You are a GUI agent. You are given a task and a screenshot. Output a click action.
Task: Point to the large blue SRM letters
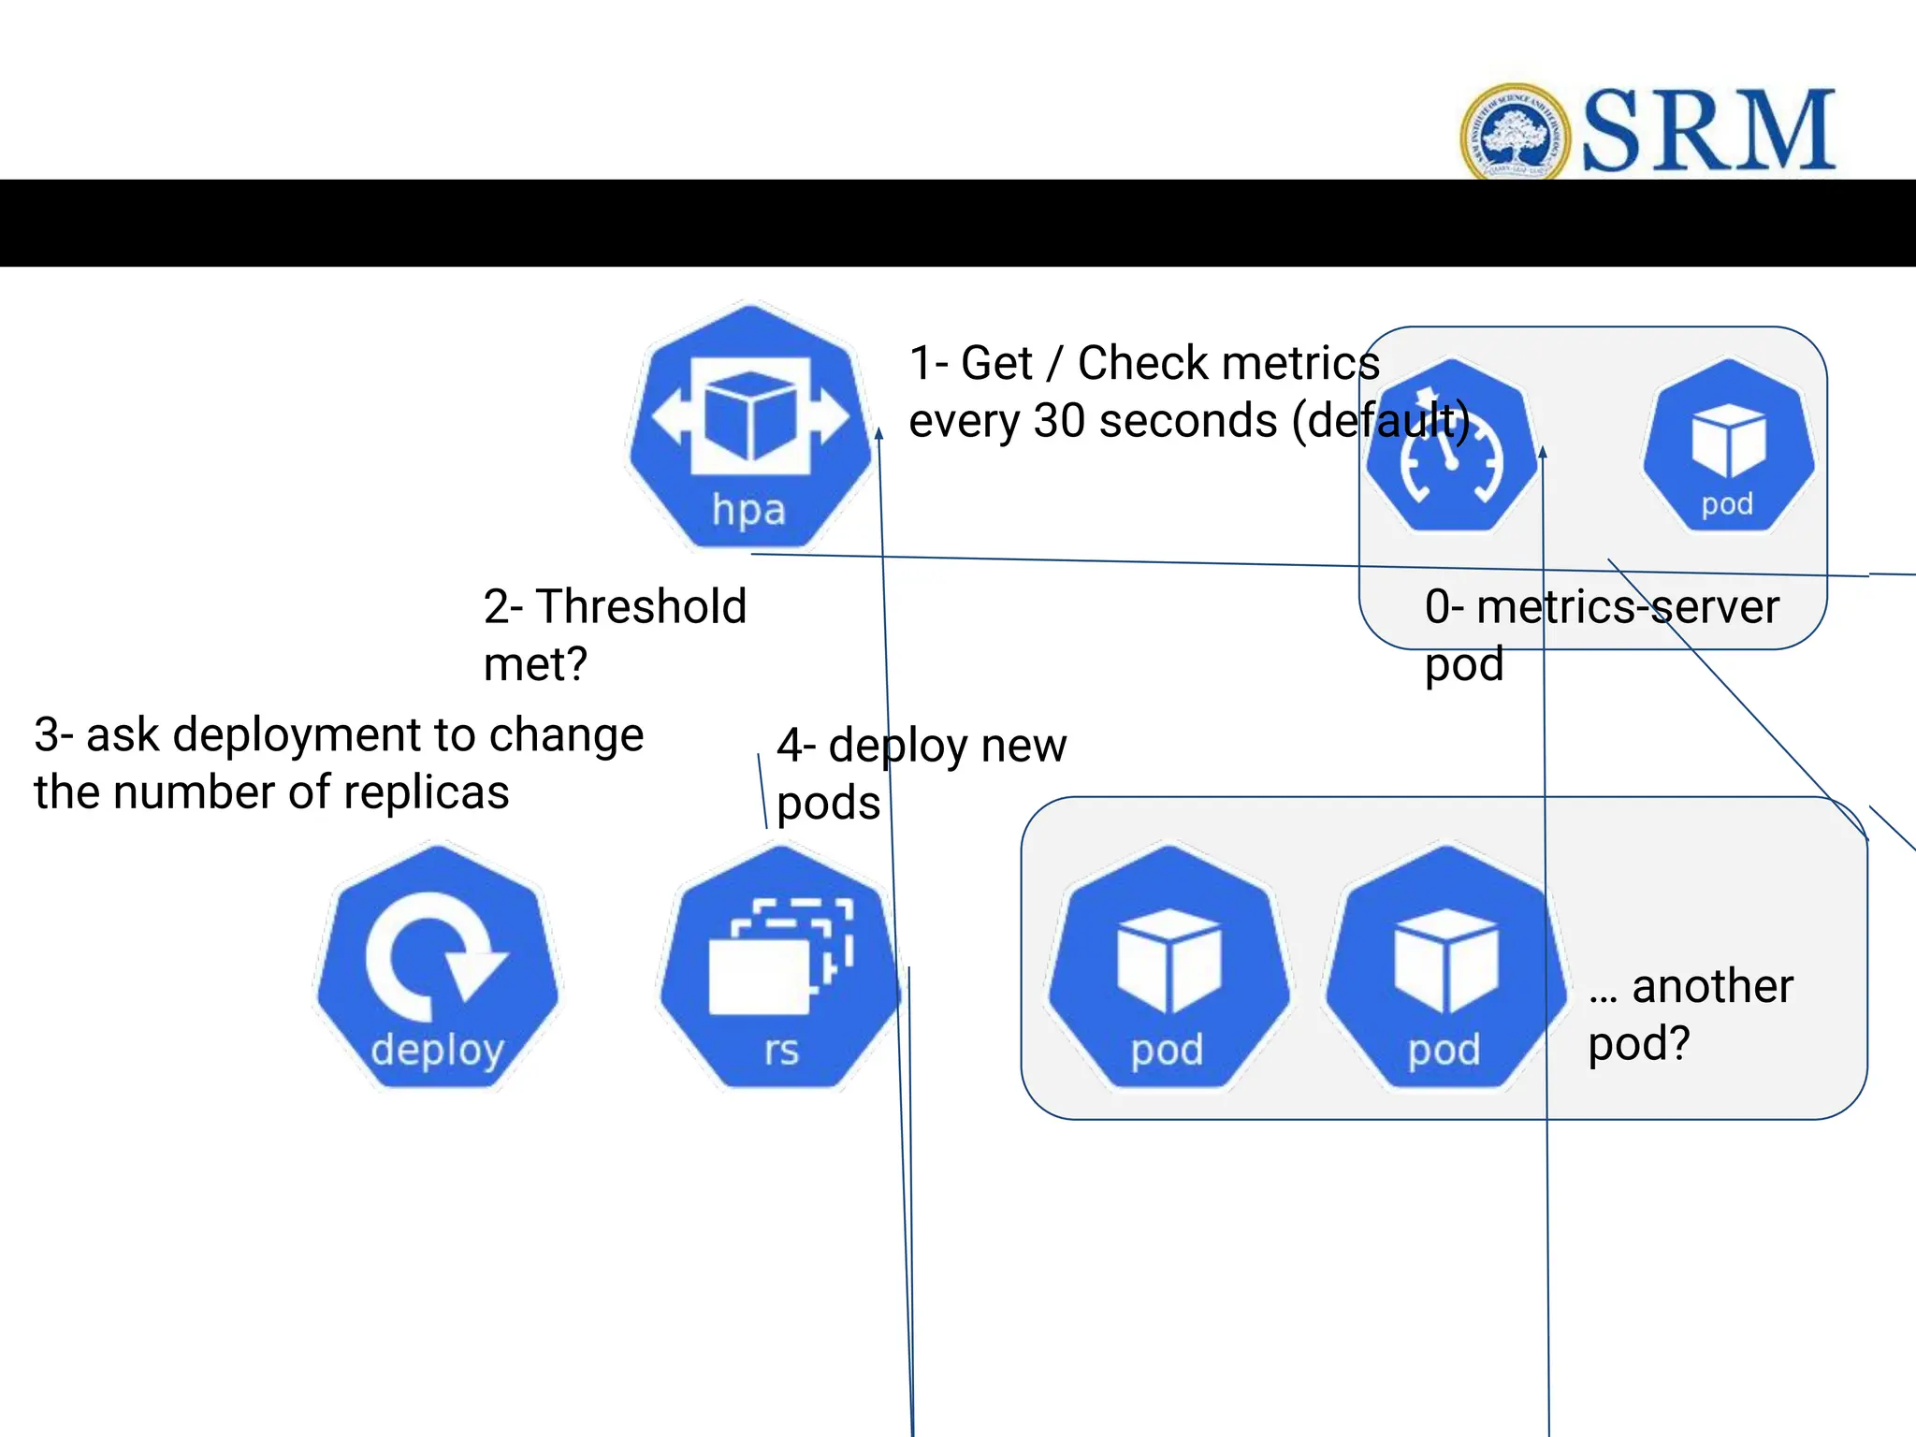(x=1708, y=131)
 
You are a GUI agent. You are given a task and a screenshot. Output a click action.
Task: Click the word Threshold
(x=641, y=606)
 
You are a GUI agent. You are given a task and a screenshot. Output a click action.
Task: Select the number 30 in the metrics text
(x=1060, y=421)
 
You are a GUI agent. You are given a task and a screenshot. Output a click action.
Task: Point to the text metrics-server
(x=1627, y=606)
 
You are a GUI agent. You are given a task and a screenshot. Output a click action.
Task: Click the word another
(x=1712, y=986)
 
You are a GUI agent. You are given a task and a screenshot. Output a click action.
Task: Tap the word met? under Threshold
(x=535, y=665)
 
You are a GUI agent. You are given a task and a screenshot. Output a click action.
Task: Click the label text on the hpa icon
(x=748, y=511)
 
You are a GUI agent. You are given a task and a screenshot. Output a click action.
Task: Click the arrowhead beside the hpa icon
(x=878, y=432)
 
